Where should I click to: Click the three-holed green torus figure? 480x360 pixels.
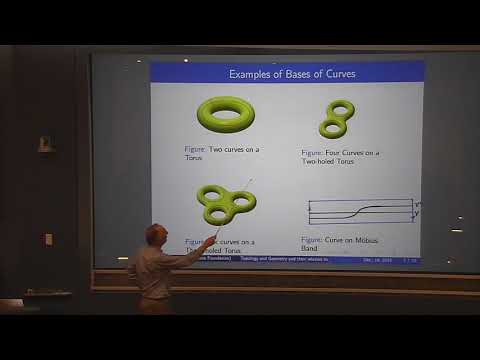coord(224,203)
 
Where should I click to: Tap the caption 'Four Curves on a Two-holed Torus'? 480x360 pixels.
coord(341,157)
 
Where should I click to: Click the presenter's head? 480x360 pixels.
coord(153,235)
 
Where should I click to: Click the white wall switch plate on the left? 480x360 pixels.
coord(48,239)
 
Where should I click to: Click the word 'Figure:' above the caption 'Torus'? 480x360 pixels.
coord(195,149)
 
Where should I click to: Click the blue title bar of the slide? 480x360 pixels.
coord(286,73)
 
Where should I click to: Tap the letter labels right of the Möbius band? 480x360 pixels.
coord(418,211)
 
